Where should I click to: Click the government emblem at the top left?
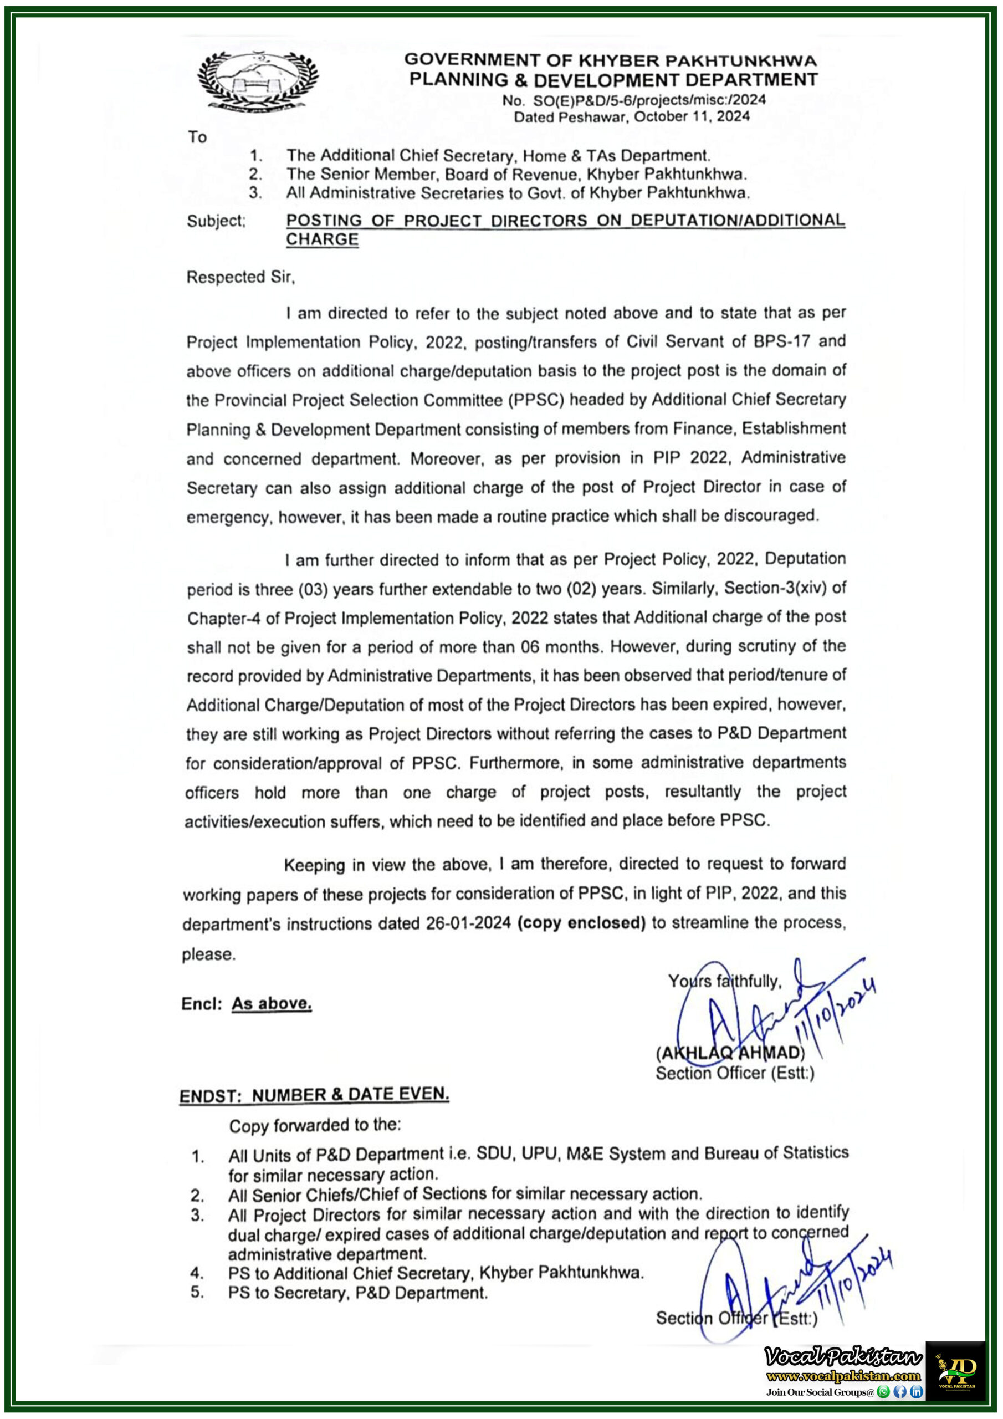(258, 80)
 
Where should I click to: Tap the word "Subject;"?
(216, 221)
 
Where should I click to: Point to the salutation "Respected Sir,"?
(240, 278)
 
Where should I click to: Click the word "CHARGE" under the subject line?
(322, 240)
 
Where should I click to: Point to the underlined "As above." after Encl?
(272, 1004)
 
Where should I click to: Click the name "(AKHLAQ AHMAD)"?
(730, 1053)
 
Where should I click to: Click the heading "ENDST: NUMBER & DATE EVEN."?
(314, 1095)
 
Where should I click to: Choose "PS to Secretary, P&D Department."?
(357, 1293)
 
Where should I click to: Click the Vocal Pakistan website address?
(843, 1376)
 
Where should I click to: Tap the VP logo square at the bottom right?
(955, 1371)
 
